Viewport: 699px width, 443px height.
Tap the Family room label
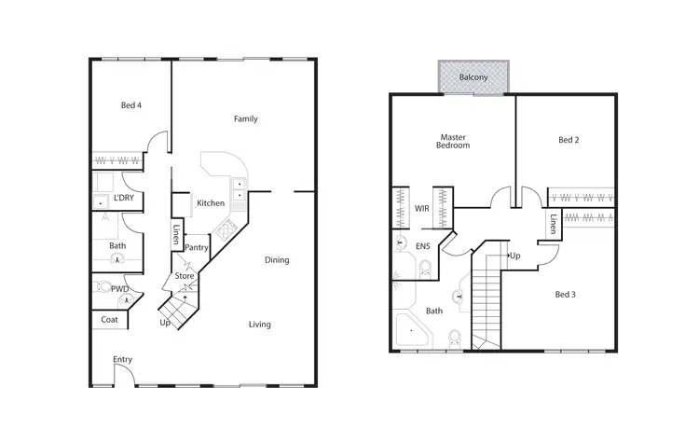coord(245,118)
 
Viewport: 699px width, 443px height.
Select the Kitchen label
coord(210,203)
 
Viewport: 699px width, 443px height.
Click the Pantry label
coord(196,247)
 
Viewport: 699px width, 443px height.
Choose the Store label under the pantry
coord(185,276)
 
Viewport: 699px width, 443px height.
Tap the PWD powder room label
coord(119,289)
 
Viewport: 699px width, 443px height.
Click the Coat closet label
coord(110,320)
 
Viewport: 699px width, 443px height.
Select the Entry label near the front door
coord(122,359)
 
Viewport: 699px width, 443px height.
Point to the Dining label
coord(277,260)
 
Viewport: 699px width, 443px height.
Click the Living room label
coord(259,325)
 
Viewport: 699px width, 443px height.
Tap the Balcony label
coord(473,77)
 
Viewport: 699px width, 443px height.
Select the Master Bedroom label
coord(454,141)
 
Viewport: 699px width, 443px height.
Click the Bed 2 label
coord(569,140)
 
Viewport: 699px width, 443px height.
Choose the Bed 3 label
coord(566,295)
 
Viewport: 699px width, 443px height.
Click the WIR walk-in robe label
coord(421,208)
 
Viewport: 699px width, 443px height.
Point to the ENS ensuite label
coord(422,247)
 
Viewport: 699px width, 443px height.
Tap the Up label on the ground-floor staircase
coord(165,323)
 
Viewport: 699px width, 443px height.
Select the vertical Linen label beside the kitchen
coord(176,234)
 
